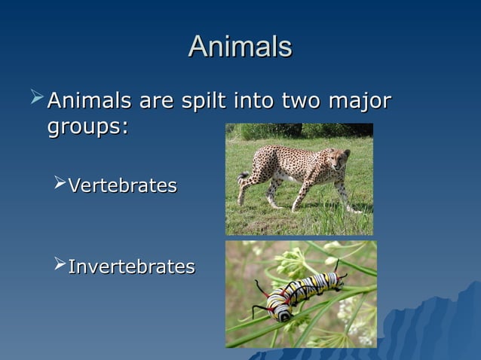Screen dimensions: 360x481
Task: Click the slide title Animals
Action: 240,47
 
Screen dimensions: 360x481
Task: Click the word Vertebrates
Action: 122,185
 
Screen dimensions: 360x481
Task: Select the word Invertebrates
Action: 131,267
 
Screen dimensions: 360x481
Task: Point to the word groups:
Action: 87,127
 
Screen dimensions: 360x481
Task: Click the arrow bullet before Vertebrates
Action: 60,185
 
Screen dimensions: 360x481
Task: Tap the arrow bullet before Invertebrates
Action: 60,266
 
